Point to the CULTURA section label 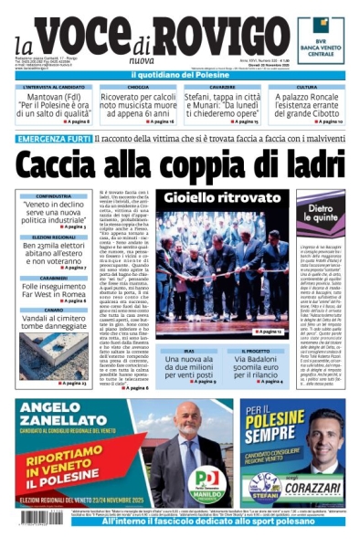(306, 87)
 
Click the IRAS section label (189, 350)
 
